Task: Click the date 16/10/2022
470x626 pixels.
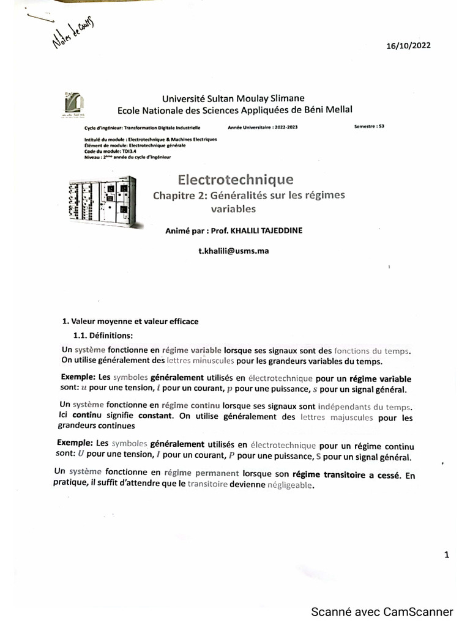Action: (409, 46)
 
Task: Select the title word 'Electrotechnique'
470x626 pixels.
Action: (235, 179)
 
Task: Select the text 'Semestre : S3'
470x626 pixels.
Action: (369, 127)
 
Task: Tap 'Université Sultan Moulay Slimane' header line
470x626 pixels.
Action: (233, 98)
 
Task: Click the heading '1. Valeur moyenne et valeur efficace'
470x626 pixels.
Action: (131, 321)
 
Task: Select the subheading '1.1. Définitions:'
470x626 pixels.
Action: (103, 335)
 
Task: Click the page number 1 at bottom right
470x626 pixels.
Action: (447, 555)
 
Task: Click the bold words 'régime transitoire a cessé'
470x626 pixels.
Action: (346, 474)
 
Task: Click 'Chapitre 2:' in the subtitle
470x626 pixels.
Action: (180, 196)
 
